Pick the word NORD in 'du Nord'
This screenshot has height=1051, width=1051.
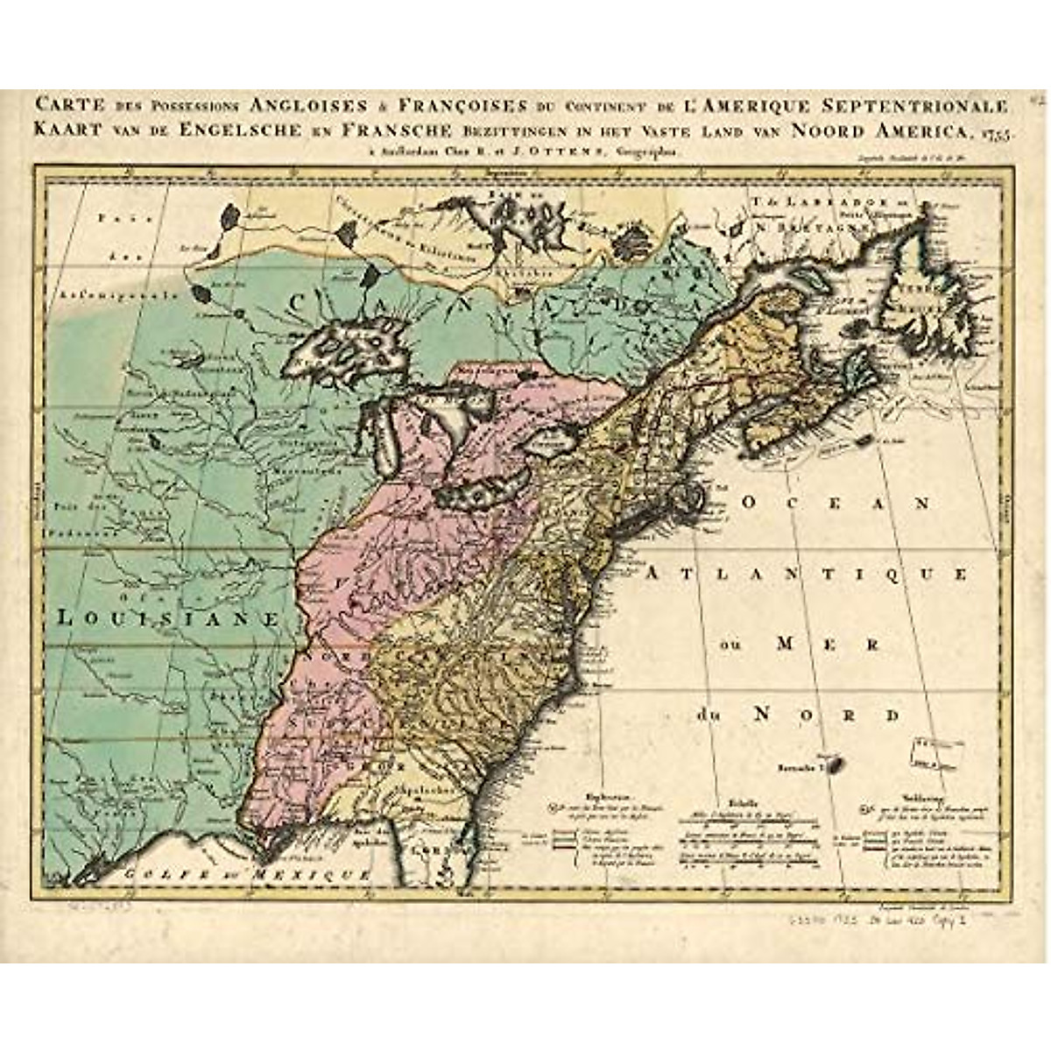pyautogui.click(x=815, y=715)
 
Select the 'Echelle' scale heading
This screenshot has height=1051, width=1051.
pyautogui.click(x=734, y=799)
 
